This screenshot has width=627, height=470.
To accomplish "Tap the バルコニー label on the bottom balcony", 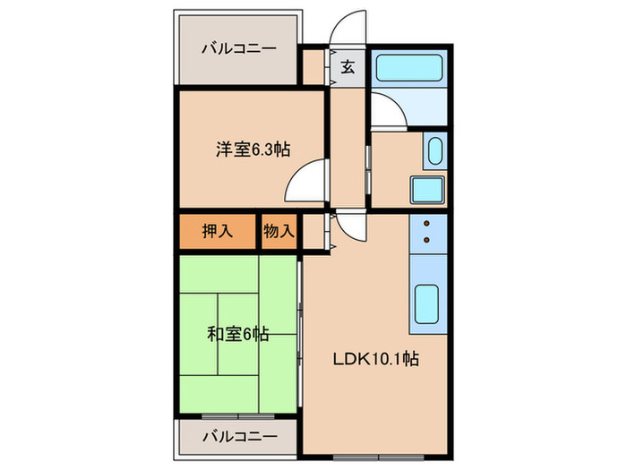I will (x=238, y=438).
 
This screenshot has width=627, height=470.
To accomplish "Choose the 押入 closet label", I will (x=216, y=230).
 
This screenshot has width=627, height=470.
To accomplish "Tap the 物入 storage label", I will (x=279, y=230).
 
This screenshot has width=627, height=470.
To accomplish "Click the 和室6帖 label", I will (x=238, y=334).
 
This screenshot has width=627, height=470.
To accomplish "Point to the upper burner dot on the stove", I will (x=426, y=224).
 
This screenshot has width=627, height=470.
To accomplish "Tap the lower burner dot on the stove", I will (x=426, y=239).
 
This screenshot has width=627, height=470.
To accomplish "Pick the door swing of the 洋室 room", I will (x=305, y=184).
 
